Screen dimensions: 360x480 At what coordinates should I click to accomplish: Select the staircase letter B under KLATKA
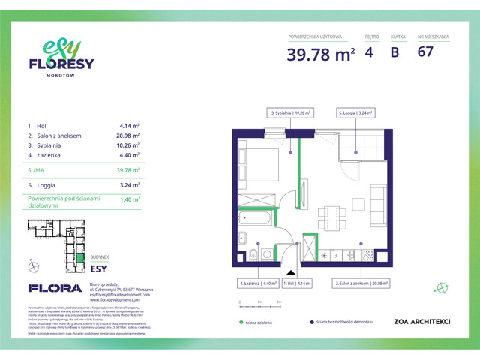394,53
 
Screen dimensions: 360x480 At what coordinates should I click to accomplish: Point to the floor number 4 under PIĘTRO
368,53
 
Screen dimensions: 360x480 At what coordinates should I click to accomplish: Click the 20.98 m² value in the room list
129,136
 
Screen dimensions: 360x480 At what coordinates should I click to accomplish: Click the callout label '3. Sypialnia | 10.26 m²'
290,112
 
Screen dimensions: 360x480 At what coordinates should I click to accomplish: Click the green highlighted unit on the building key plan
79,259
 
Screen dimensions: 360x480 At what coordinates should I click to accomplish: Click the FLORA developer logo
55,288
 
